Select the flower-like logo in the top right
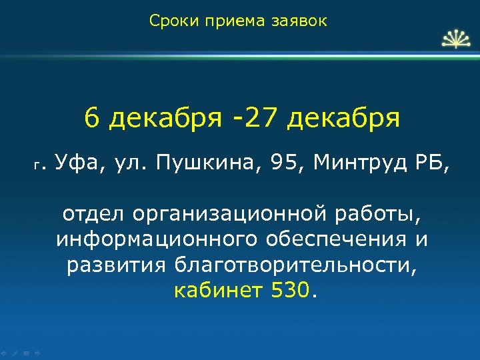455,40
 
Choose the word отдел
94,215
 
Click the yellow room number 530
291,290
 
